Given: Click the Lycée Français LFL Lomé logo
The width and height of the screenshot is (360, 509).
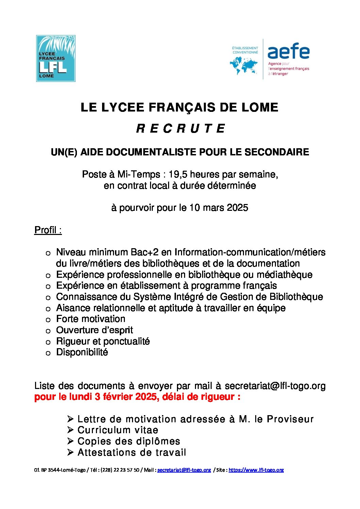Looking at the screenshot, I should click(x=56, y=58).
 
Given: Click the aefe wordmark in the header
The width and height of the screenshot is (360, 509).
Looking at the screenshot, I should click(x=288, y=52).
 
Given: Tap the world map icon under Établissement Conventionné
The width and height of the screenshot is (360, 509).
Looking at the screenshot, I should click(x=244, y=66).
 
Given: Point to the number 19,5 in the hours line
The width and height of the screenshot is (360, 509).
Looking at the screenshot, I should click(x=178, y=174).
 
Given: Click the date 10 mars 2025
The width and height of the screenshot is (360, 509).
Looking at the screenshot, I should click(x=218, y=208).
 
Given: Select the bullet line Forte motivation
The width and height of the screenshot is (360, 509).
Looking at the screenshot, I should click(x=91, y=319).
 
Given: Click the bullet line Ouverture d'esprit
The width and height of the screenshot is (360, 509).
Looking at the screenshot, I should click(x=94, y=330).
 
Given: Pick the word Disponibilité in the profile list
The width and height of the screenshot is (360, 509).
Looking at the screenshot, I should click(x=82, y=352).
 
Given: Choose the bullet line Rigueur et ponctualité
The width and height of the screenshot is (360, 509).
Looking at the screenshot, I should click(x=103, y=341).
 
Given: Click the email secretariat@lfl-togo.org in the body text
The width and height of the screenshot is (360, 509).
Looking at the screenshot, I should click(x=275, y=386).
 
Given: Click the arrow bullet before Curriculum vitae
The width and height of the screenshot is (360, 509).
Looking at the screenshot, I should click(x=70, y=430).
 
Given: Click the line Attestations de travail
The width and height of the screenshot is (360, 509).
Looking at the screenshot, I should click(x=132, y=453).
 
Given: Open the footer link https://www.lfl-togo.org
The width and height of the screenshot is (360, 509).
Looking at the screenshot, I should click(x=256, y=470).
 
